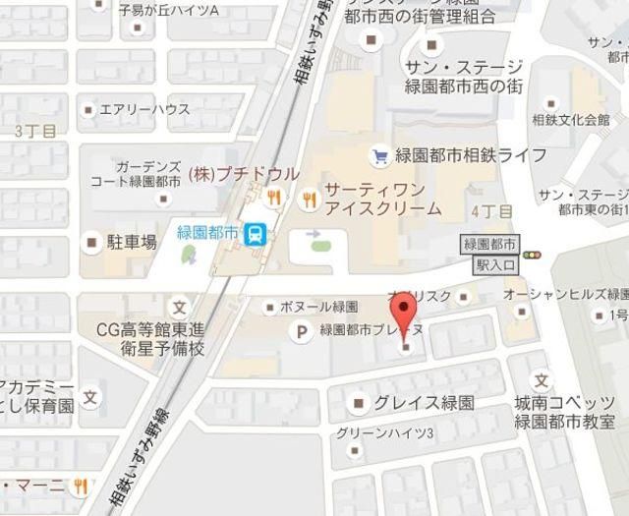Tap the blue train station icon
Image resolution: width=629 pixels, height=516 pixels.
pyautogui.click(x=256, y=233)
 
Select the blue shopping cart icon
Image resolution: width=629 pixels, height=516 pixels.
pyautogui.click(x=378, y=155)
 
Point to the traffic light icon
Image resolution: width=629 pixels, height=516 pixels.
pyautogui.click(x=533, y=256)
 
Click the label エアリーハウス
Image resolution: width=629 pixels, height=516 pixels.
pyautogui.click(x=144, y=110)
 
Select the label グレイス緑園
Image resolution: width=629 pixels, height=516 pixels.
pyautogui.click(x=425, y=403)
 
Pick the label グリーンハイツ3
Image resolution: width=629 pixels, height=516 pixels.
pyautogui.click(x=384, y=433)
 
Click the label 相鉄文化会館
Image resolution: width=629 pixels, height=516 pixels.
pyautogui.click(x=570, y=121)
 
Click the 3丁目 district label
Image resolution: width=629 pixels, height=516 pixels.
pyautogui.click(x=35, y=130)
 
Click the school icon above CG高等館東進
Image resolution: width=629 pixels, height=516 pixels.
pyautogui.click(x=179, y=304)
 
